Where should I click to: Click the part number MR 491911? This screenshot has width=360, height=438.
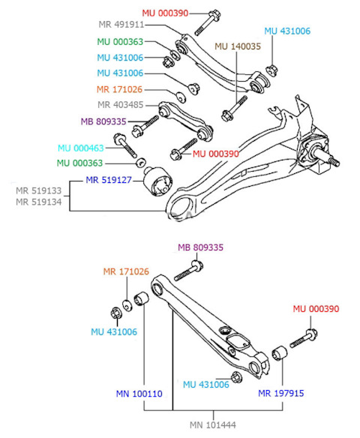pos(121,25)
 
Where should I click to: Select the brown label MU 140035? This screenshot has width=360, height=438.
pos(238,46)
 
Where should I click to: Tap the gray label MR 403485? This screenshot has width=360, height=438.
pos(120,105)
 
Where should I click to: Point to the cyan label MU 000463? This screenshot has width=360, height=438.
pos(81,148)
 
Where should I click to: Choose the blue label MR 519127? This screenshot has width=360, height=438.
pos(109,180)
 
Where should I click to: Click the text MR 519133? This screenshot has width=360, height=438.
pos(38,190)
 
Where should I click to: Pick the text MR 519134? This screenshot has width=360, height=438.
pos(38,202)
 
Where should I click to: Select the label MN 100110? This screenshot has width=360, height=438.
pos(139,394)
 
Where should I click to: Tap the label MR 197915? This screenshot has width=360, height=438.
pos(281,393)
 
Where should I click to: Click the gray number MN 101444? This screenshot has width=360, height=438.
pos(213,424)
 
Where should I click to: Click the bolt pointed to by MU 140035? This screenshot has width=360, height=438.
pos(234,109)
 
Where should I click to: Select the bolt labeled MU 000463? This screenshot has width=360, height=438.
pos(124,145)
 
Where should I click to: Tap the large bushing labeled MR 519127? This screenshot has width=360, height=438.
pos(157,181)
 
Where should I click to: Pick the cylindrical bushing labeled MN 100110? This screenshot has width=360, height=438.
pos(141,298)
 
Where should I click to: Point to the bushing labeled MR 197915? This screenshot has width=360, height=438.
pos(280,353)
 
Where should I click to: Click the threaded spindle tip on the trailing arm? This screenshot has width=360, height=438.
pos(334,162)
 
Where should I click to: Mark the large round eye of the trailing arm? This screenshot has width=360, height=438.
pos(181,207)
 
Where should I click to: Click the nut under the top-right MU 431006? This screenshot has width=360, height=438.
pos(271,70)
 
